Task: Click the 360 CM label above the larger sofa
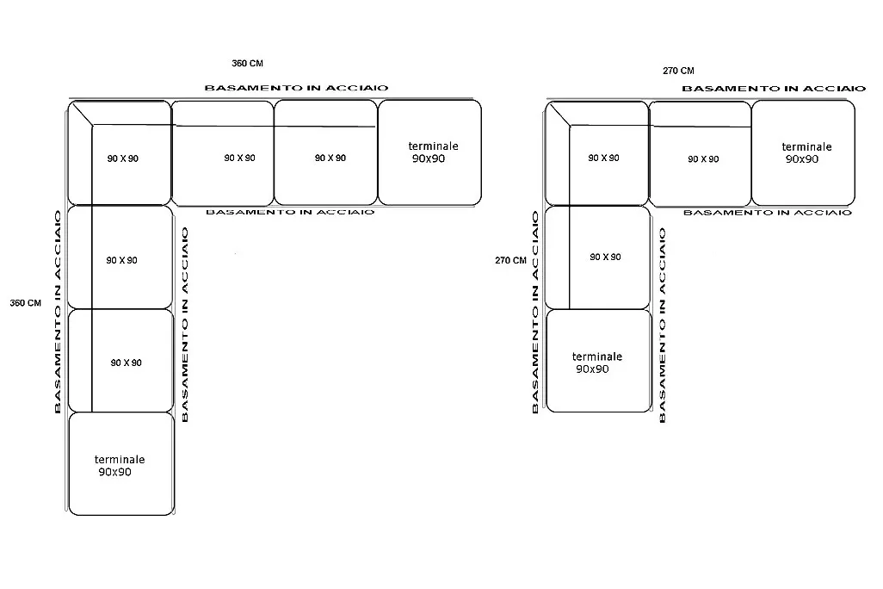click(247, 63)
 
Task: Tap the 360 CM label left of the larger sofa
click(25, 302)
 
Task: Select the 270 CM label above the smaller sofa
click(678, 71)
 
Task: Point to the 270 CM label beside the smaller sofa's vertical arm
click(510, 260)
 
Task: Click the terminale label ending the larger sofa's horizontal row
click(433, 146)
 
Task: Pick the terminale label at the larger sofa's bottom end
click(120, 459)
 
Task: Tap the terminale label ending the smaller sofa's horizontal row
click(806, 146)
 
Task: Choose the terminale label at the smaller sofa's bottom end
click(597, 356)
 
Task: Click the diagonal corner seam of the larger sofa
click(83, 114)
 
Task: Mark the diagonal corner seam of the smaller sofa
click(559, 115)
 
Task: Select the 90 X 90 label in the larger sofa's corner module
click(123, 158)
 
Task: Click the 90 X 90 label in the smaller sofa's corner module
click(603, 158)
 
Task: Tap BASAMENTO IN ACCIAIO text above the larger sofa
click(296, 88)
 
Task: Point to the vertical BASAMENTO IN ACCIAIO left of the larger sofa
click(58, 313)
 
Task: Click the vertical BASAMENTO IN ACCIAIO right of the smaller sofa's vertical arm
click(663, 325)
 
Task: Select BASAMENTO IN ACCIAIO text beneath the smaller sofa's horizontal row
click(768, 213)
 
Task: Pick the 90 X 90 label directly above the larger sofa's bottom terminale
click(127, 363)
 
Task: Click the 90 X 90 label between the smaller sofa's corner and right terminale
click(703, 159)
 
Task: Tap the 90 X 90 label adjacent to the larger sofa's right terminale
click(330, 158)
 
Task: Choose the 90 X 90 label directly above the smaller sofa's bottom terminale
click(605, 257)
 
